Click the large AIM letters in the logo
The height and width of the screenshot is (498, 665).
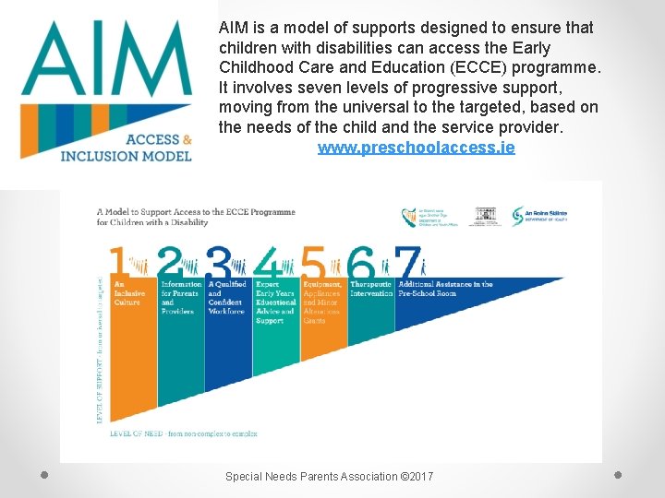coord(110,63)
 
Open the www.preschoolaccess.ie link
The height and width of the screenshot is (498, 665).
coord(416,148)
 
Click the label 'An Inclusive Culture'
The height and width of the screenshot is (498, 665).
coord(127,293)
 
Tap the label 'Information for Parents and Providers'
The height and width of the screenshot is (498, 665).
coord(179,298)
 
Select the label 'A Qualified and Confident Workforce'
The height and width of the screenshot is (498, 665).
coord(226,298)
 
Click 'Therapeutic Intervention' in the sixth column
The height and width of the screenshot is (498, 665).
coord(371,289)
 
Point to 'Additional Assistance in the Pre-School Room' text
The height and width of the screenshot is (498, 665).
coord(445,289)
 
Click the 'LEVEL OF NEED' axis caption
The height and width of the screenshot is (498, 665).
coord(183,433)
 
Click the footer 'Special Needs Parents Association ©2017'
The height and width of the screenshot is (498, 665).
coord(330,476)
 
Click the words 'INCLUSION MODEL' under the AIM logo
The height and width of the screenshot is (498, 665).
coord(126,156)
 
